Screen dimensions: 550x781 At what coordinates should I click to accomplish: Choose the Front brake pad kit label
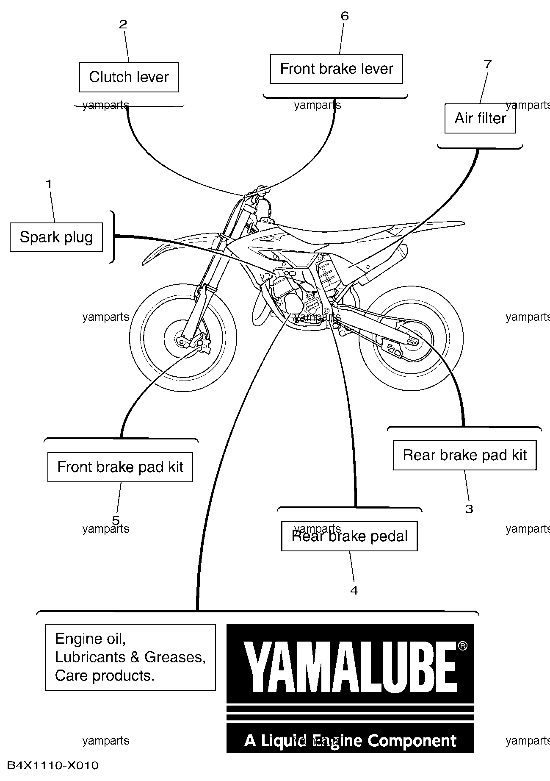120,467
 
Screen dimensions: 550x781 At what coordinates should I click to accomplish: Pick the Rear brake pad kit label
464,455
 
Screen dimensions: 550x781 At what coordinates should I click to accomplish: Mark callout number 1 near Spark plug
49,184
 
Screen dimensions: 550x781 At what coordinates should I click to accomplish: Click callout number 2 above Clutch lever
123,24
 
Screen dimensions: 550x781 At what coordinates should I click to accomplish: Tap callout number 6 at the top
345,16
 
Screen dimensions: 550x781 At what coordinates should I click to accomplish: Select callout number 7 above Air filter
488,64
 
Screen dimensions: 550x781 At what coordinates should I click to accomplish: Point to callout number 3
469,509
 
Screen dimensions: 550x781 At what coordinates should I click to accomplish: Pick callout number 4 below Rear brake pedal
354,590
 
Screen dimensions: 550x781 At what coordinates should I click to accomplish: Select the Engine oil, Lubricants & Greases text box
130,657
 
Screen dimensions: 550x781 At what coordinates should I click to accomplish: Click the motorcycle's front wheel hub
183,340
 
